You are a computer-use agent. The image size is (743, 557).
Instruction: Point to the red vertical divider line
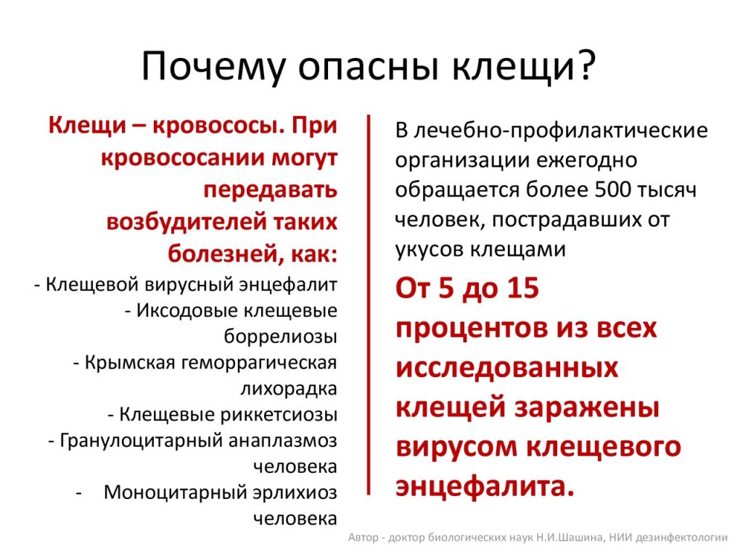[x=368, y=305]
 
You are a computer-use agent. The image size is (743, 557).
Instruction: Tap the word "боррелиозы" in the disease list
[x=281, y=337]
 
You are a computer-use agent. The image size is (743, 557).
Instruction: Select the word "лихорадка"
[x=289, y=389]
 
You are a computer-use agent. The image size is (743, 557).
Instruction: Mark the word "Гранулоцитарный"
[x=141, y=440]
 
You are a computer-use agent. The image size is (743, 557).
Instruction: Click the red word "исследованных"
[x=507, y=367]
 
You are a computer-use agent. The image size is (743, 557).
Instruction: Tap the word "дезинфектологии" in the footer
[x=681, y=538]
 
